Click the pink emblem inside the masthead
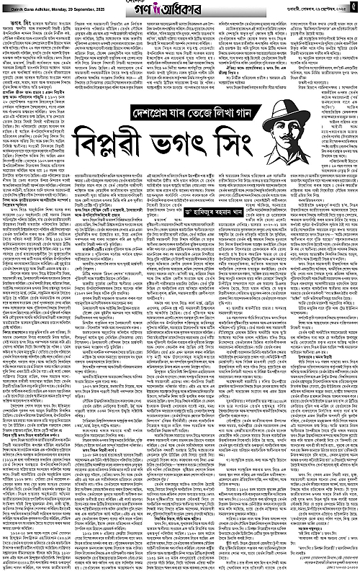pyautogui.click(x=175, y=9)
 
